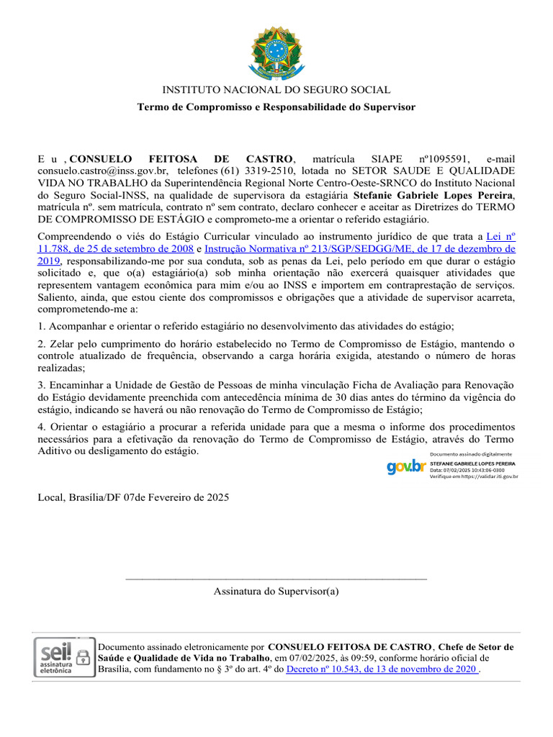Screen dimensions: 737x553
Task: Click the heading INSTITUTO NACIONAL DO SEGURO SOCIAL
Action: click(276, 90)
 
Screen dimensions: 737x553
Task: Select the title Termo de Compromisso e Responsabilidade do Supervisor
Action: click(276, 107)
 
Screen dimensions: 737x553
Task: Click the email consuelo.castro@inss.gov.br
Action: click(102, 171)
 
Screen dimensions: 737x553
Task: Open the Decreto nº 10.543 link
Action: click(382, 669)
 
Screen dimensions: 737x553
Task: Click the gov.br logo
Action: click(405, 466)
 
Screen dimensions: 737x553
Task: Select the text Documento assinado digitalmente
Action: click(470, 454)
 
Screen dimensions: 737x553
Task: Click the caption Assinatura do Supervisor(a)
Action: click(276, 591)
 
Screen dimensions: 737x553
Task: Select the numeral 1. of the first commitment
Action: click(41, 326)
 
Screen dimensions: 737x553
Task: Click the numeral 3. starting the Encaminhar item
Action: click(41, 384)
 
